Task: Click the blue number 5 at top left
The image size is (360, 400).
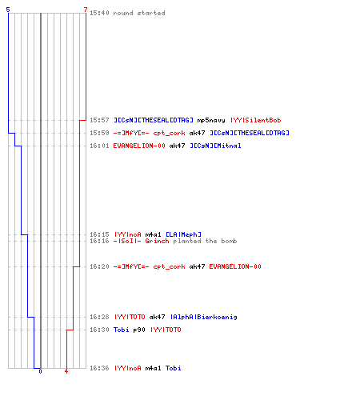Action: tap(8, 10)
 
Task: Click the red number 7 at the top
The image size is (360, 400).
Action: tap(86, 10)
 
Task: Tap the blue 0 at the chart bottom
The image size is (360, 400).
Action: tap(40, 371)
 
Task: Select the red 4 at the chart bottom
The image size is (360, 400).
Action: tap(66, 371)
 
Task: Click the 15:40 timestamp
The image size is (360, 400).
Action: tap(99, 13)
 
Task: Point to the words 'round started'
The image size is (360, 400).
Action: tap(139, 13)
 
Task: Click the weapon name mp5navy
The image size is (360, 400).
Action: tap(211, 120)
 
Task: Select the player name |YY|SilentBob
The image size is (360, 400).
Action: tap(256, 120)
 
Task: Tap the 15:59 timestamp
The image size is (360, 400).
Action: tap(99, 133)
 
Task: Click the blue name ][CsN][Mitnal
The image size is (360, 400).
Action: tap(215, 146)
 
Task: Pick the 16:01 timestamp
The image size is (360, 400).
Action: tap(99, 146)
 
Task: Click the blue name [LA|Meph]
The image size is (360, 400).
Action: tap(183, 234)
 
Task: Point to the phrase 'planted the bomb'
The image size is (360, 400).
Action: tap(205, 241)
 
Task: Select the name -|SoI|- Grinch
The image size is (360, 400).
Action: tap(141, 241)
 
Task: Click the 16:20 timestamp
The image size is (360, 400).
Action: tap(99, 266)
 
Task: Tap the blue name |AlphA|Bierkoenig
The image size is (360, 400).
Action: tap(204, 317)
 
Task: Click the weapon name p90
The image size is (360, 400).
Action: tap(139, 330)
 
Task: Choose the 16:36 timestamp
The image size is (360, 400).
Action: tap(99, 368)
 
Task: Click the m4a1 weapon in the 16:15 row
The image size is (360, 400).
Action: tap(154, 234)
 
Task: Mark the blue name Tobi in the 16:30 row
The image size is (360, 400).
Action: tap(122, 330)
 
